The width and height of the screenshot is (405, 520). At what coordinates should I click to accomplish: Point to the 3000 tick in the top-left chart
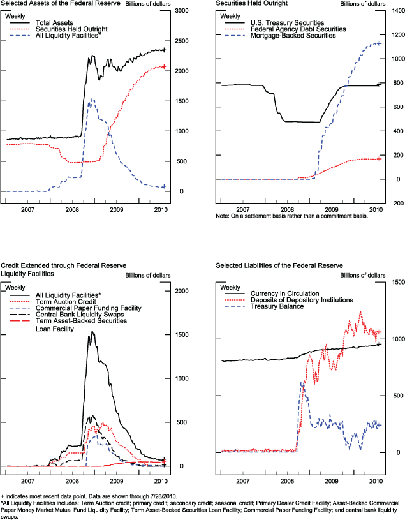[x=182, y=11]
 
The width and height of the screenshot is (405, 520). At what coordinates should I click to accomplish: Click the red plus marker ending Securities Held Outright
[x=164, y=66]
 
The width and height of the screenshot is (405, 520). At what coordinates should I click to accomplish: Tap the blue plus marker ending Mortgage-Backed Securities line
[x=379, y=43]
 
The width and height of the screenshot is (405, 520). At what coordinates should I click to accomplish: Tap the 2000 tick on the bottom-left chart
[x=182, y=291]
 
